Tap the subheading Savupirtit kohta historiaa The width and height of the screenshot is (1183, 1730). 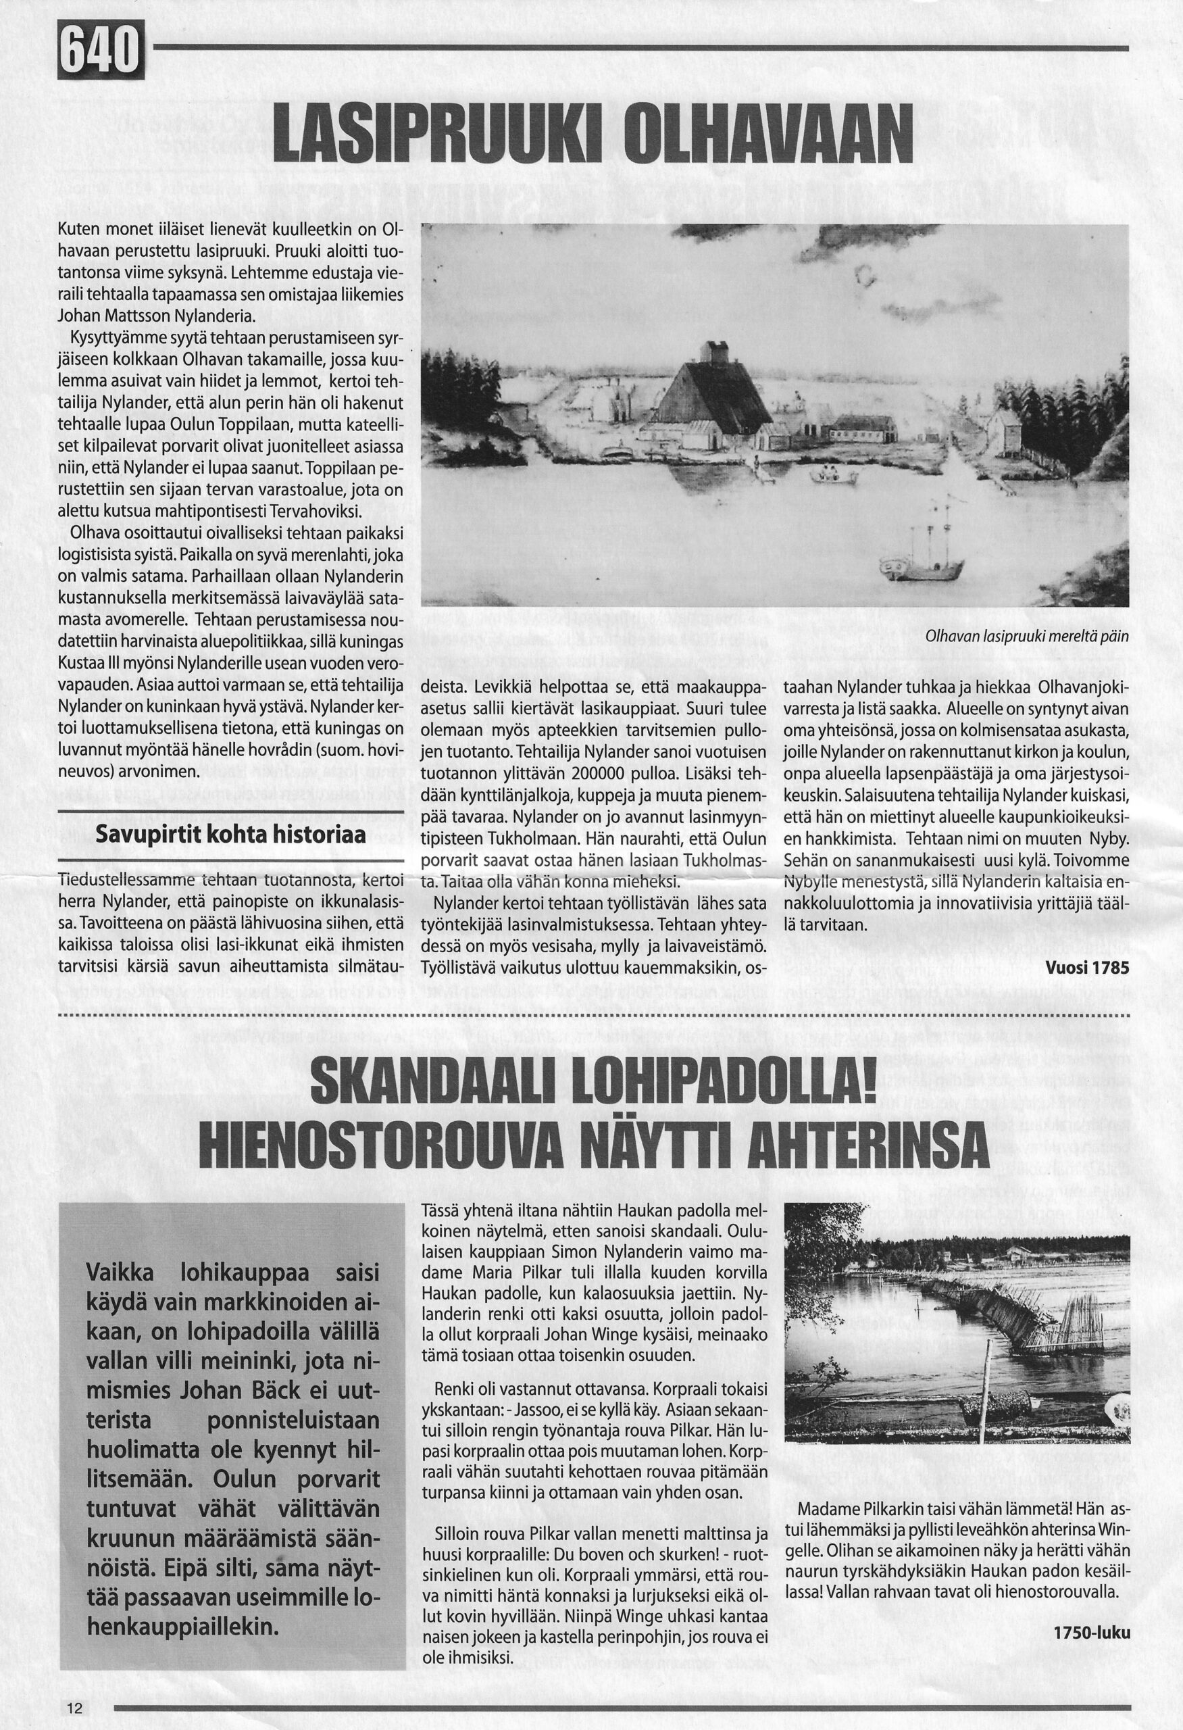(230, 835)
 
